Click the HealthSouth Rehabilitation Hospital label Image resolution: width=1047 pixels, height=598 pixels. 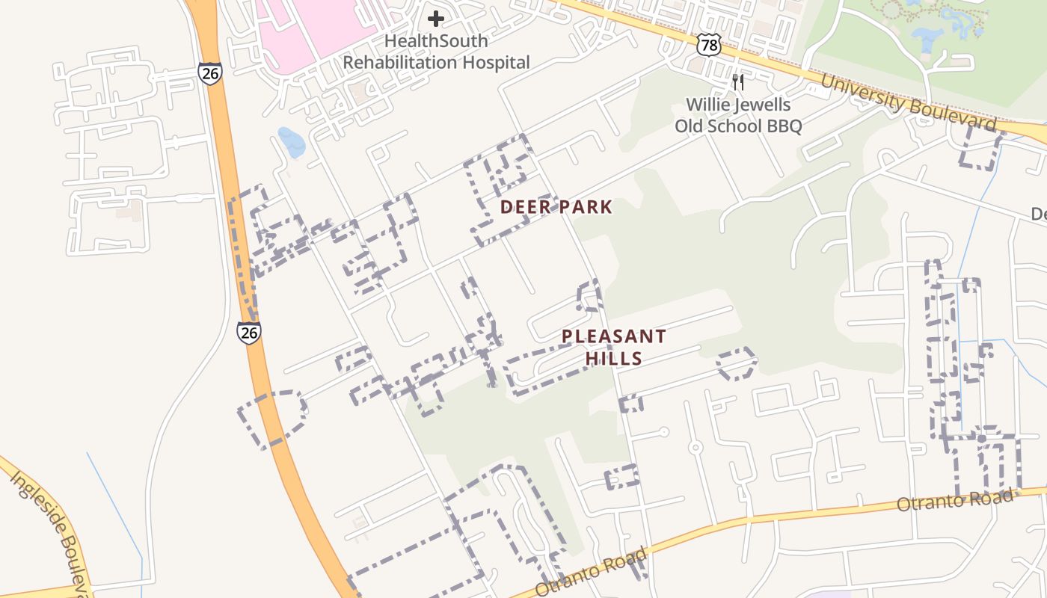[436, 52]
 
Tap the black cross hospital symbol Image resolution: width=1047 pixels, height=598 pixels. [436, 19]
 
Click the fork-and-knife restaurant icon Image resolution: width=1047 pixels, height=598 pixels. [738, 81]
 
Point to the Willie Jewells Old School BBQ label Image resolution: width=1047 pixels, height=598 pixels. [738, 115]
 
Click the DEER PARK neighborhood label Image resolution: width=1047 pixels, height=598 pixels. [556, 207]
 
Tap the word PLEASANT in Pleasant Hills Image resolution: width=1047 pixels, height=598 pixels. [613, 336]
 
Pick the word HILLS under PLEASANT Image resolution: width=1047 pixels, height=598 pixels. [613, 358]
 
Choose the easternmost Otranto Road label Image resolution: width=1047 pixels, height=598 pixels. [957, 499]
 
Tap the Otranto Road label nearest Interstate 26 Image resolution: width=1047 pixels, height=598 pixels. [591, 573]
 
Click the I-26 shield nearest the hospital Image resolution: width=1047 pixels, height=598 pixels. [210, 73]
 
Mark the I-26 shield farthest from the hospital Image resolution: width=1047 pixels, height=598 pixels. [249, 333]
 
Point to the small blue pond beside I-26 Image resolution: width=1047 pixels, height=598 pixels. [291, 142]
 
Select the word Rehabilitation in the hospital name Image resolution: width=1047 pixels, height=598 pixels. [406, 63]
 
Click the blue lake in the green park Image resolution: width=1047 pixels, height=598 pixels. [927, 37]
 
